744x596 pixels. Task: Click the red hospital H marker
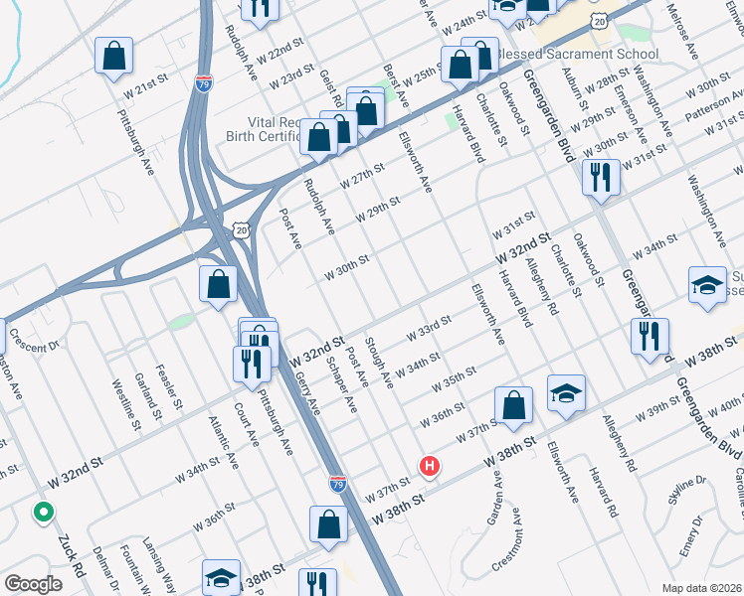click(430, 465)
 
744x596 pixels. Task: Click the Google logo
click(32, 584)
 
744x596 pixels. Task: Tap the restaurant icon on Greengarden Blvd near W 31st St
click(602, 176)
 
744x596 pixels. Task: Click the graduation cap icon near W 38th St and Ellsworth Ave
click(565, 393)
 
